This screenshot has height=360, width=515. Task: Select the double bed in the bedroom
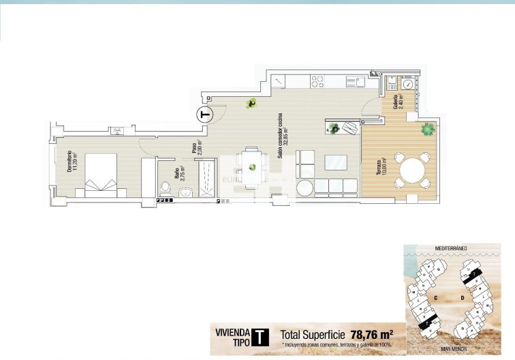(x=101, y=175)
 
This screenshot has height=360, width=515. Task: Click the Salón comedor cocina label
(x=283, y=144)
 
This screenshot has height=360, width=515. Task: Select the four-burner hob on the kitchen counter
(x=318, y=81)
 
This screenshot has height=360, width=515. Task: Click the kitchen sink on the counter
(x=354, y=82)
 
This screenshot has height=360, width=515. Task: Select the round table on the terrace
(x=413, y=170)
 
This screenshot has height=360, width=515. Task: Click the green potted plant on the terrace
(x=428, y=128)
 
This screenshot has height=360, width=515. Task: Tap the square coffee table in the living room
(x=335, y=162)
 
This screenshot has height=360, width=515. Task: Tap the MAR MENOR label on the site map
(x=454, y=348)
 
